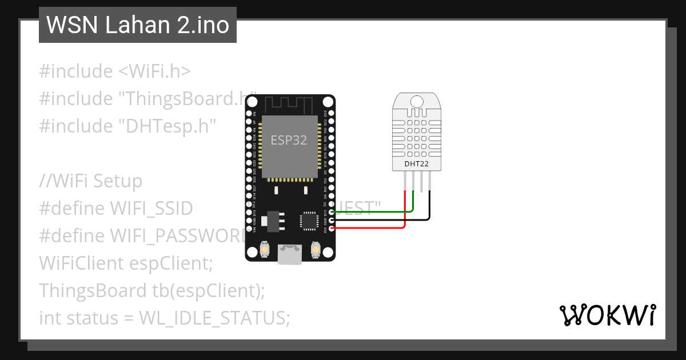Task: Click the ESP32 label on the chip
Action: (289, 141)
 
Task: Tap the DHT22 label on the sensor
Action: (416, 164)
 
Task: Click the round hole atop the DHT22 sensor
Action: (417, 101)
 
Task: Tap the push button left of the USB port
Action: (265, 249)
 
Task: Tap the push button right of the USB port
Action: (314, 249)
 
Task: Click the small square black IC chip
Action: (309, 221)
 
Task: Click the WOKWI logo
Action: (608, 315)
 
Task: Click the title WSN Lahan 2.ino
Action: (137, 25)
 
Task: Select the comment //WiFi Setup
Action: (90, 181)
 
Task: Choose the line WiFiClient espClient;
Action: (126, 263)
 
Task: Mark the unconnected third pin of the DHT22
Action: (421, 182)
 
